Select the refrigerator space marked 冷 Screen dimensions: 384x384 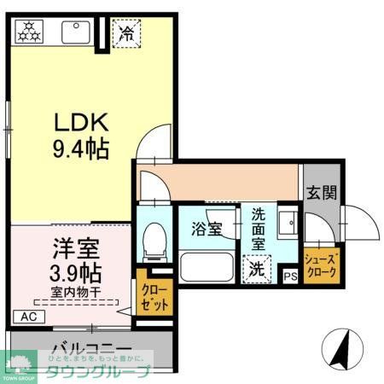click(126, 34)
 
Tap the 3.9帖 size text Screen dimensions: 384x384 click(72, 274)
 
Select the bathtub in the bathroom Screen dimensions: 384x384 click(207, 266)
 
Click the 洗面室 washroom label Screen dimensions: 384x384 click(257, 229)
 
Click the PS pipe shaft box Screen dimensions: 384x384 click(290, 276)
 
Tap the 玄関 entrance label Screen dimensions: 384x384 click(322, 192)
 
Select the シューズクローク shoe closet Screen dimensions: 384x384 click(322, 264)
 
